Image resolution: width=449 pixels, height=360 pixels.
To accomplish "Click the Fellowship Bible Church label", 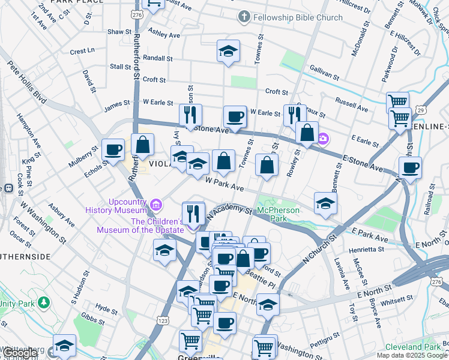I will click(x=298, y=17).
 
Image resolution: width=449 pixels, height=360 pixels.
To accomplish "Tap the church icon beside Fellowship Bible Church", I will click(x=244, y=17).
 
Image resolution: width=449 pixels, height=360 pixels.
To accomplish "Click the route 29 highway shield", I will click(x=421, y=110).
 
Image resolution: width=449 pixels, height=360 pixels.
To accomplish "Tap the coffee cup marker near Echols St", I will click(x=112, y=150).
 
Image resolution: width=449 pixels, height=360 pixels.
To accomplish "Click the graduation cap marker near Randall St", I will click(x=228, y=51).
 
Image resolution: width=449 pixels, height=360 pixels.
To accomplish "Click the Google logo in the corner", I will click(x=20, y=353).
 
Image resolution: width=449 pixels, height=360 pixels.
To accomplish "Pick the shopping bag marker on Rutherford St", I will click(x=142, y=145).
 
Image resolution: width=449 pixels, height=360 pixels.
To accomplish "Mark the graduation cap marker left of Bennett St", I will click(x=325, y=203).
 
